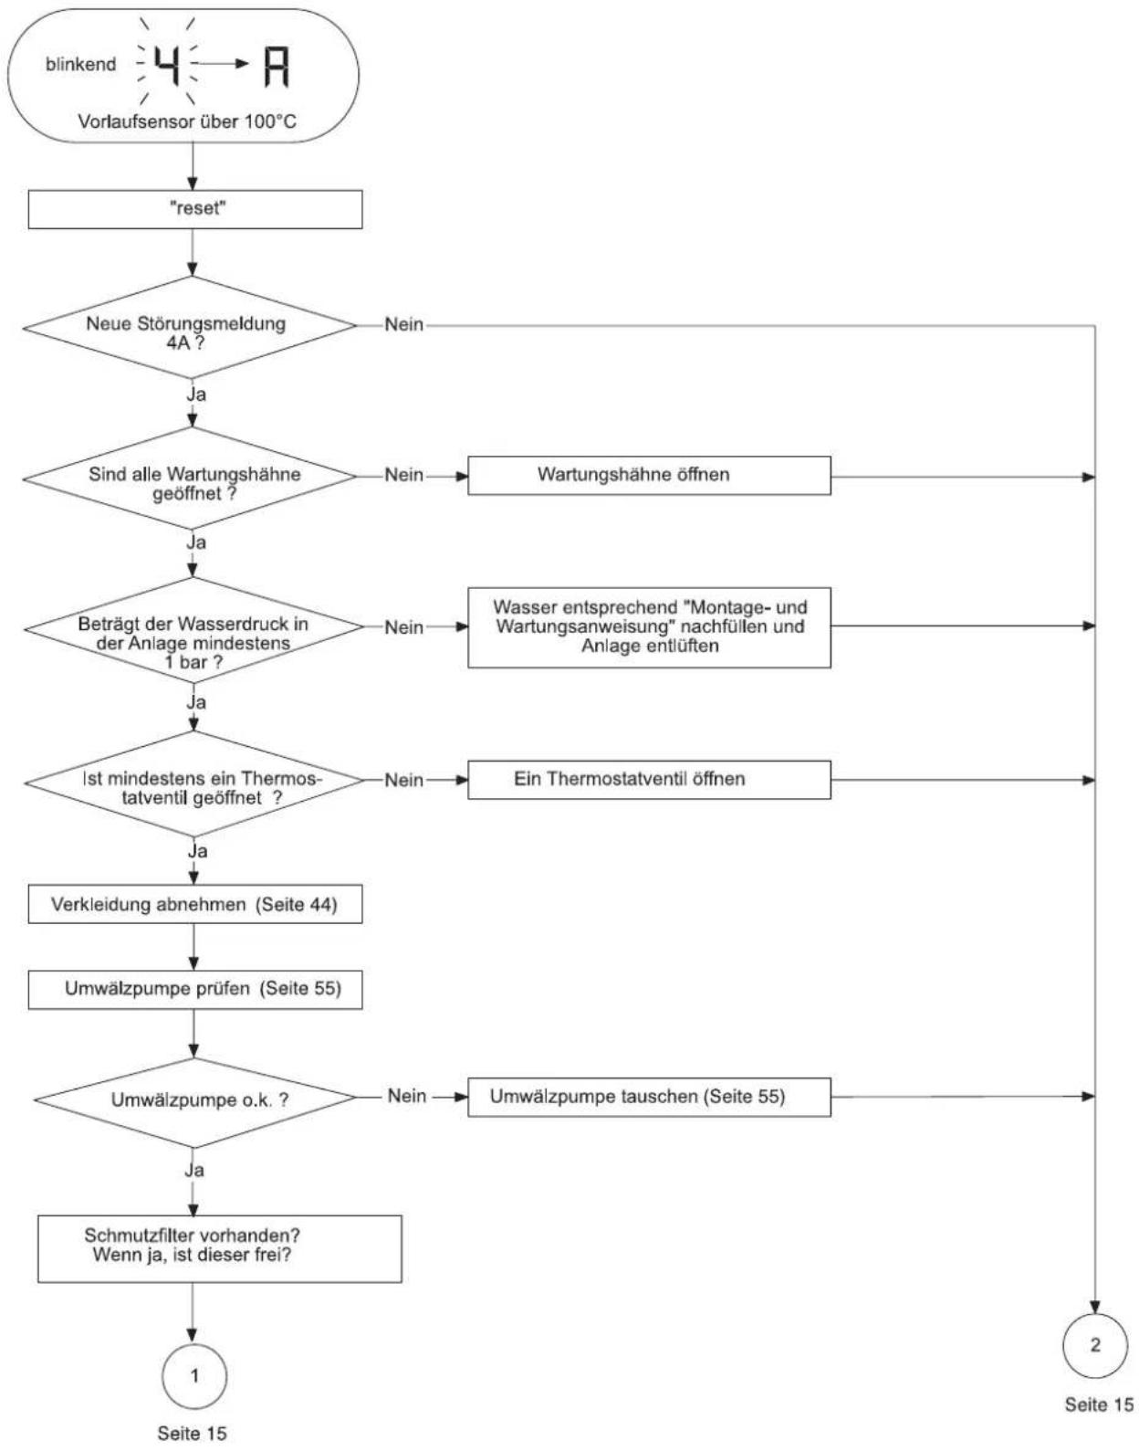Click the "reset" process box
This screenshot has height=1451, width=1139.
(x=194, y=209)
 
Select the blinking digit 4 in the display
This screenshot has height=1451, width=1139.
(x=168, y=65)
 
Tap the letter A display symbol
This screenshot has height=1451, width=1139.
(x=277, y=66)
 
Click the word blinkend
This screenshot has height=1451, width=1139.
(x=80, y=64)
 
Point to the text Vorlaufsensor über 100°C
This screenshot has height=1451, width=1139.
(x=187, y=121)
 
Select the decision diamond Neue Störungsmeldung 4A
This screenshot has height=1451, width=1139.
(x=191, y=327)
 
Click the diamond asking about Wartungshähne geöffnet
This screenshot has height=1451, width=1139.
(x=191, y=478)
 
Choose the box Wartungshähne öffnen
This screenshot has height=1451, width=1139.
(x=649, y=476)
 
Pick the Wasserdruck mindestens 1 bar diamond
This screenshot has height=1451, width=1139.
(x=194, y=628)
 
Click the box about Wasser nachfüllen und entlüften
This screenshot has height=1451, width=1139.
(x=649, y=627)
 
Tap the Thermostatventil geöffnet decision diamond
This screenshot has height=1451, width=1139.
(x=194, y=783)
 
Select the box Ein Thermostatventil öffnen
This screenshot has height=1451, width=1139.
(x=649, y=780)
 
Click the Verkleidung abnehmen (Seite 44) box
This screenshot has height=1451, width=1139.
(x=194, y=905)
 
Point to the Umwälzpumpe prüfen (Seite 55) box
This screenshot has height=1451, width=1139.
(x=194, y=990)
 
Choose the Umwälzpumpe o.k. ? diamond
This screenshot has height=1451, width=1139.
(x=194, y=1099)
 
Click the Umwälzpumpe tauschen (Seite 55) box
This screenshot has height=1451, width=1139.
(x=649, y=1097)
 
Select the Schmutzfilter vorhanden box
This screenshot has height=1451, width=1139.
(x=220, y=1248)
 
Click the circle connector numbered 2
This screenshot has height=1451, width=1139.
(x=1095, y=1345)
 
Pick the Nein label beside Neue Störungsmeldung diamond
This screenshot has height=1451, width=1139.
(x=403, y=324)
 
